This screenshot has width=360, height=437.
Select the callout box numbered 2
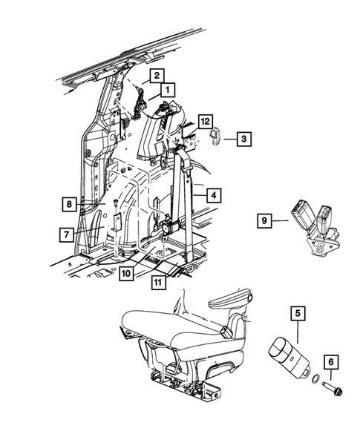(x=157, y=75)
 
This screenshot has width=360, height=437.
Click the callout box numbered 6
(x=332, y=364)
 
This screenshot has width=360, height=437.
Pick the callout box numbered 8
(x=68, y=203)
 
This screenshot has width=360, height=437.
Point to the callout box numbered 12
(x=205, y=121)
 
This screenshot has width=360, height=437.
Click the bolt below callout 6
(x=329, y=387)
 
